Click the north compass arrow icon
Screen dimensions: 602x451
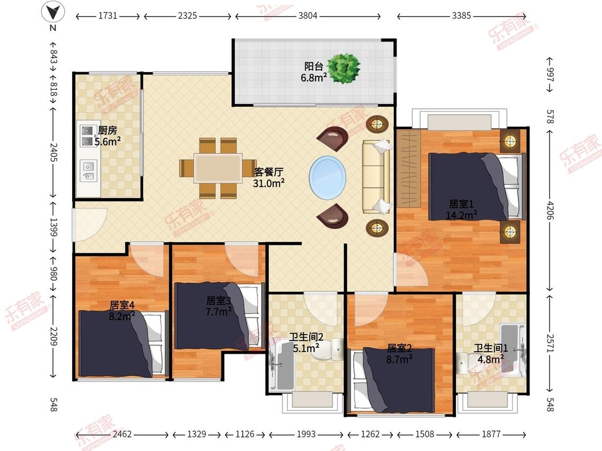pyautogui.click(x=53, y=13)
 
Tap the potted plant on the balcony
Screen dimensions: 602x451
pyautogui.click(x=344, y=68)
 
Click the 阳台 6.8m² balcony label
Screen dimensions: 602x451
pyautogui.click(x=314, y=72)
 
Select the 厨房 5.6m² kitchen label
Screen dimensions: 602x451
pyautogui.click(x=108, y=136)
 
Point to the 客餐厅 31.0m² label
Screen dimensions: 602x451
pyautogui.click(x=269, y=177)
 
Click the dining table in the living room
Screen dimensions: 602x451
pyautogui.click(x=218, y=168)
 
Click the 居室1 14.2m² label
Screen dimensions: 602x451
pyautogui.click(x=461, y=209)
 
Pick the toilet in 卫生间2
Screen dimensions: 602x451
pyautogui.click(x=328, y=349)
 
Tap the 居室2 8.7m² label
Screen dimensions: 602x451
pyautogui.click(x=399, y=354)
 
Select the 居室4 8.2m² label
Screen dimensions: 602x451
pyautogui.click(x=122, y=310)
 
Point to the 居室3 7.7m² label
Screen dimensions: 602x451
pyautogui.click(x=218, y=306)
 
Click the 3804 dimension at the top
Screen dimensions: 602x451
pyautogui.click(x=308, y=15)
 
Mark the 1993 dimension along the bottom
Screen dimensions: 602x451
pyautogui.click(x=306, y=434)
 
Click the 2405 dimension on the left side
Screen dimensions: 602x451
pyautogui.click(x=54, y=153)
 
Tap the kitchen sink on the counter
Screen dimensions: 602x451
pyautogui.click(x=88, y=171)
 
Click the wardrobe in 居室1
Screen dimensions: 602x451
pyautogui.click(x=408, y=168)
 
